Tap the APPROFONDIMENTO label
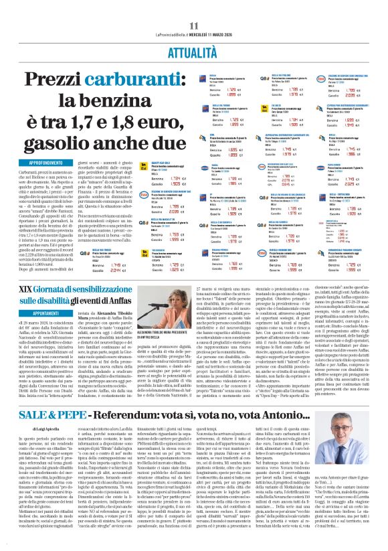tap(31, 163)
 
